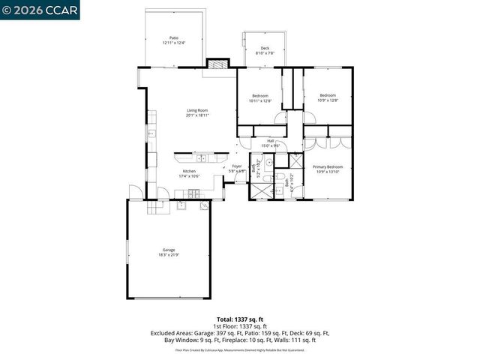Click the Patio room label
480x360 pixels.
[173, 37]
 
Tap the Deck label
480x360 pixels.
[265, 48]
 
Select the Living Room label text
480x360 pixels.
[198, 111]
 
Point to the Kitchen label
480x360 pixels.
[189, 171]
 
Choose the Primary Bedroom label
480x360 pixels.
[328, 166]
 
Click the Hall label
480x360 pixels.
[271, 141]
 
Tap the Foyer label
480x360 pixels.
[237, 166]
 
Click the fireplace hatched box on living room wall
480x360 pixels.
[217, 64]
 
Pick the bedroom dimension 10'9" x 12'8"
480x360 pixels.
[328, 100]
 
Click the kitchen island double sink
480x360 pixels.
[202, 158]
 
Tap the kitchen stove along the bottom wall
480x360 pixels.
[193, 193]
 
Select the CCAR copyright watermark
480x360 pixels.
[40, 9]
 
